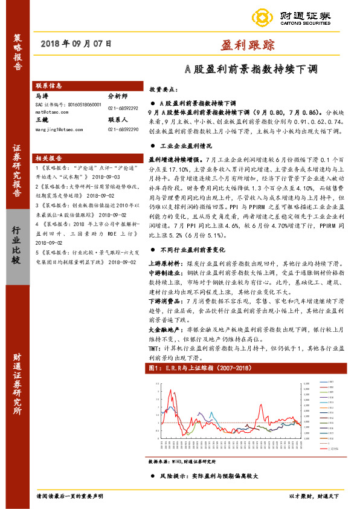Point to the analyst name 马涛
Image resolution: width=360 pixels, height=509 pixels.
[41, 96]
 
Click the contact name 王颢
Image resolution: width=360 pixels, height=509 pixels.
[41, 120]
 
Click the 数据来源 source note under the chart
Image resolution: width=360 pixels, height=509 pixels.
[182, 461]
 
